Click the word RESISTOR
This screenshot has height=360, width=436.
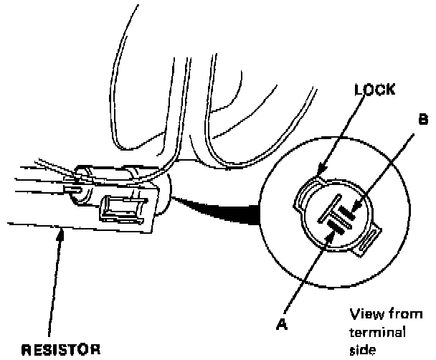pyautogui.click(x=57, y=351)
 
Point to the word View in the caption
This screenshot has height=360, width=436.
pyautogui.click(x=363, y=316)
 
